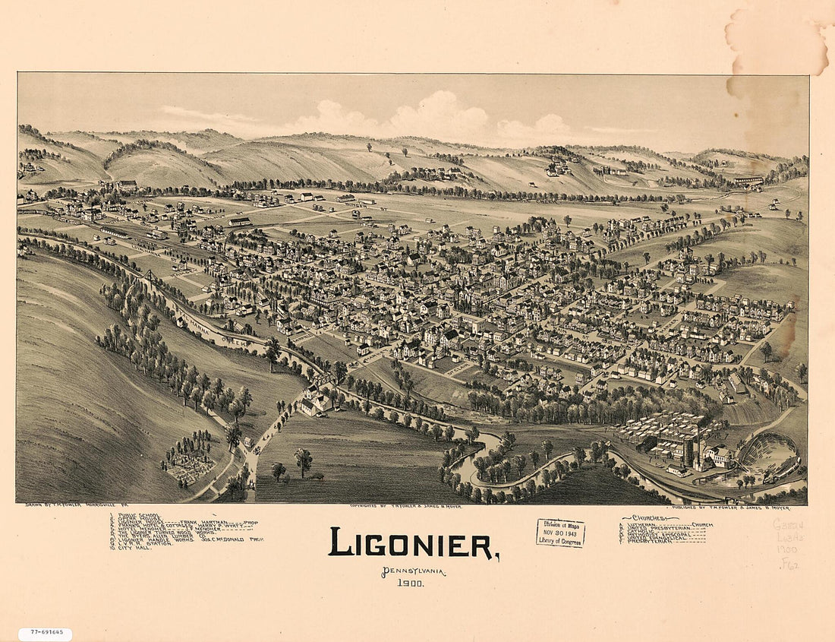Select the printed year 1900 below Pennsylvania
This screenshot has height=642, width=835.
point(411,583)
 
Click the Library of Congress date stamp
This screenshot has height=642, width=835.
point(560,533)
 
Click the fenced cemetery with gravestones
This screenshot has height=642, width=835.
point(188,462)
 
